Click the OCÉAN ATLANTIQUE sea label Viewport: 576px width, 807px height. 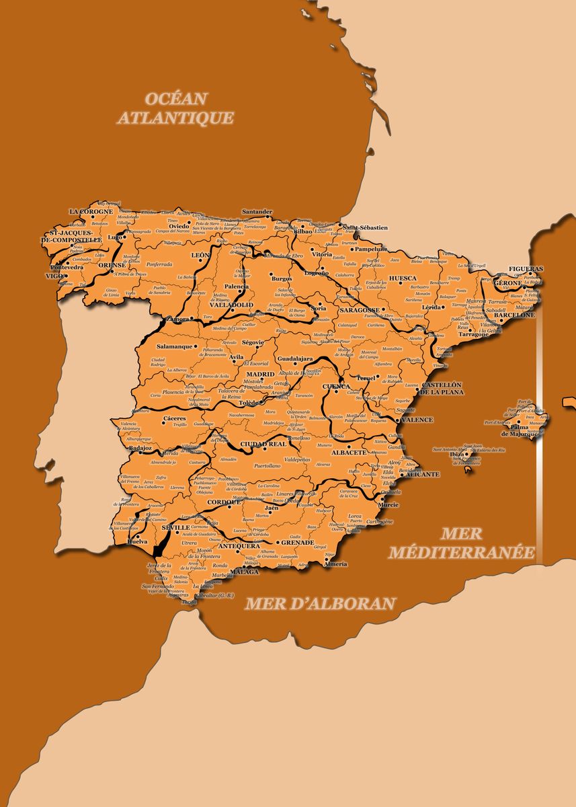tap(176, 108)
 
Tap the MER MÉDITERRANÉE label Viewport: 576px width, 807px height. tap(462, 543)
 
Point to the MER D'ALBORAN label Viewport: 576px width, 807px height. tap(319, 603)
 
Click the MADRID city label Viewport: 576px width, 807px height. tap(260, 374)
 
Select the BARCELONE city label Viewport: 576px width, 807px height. tap(514, 315)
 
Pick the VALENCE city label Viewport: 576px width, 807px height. tap(417, 420)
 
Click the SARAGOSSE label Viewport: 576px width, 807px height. tap(360, 310)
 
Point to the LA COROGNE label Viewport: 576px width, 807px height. tap(91, 211)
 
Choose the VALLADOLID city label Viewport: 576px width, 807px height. tap(231, 305)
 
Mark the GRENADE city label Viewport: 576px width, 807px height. tap(297, 542)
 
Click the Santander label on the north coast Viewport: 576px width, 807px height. tap(257, 212)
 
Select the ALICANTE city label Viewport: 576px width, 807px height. tap(423, 474)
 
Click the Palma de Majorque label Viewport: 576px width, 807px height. tap(520, 430)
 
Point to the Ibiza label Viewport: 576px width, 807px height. tap(457, 454)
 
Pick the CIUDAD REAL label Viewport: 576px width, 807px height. tap(263, 444)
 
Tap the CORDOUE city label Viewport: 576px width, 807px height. tap(223, 502)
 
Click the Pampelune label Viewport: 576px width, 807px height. tap(372, 249)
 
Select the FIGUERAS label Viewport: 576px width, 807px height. tap(526, 268)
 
